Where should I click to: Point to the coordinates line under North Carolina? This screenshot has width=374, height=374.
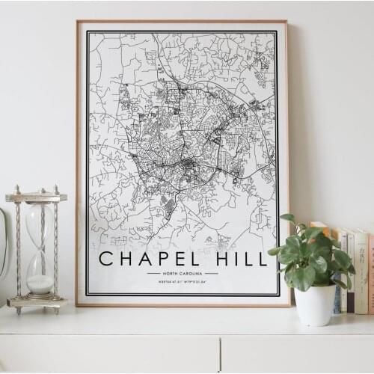tap(183, 283)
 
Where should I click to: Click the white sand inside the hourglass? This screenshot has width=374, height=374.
tap(40, 283)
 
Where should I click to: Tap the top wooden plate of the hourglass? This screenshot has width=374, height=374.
tap(37, 197)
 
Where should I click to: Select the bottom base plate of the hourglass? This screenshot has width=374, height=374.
tap(37, 302)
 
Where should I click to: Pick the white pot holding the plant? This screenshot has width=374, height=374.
tap(315, 304)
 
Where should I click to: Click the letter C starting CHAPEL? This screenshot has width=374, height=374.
tap(107, 260)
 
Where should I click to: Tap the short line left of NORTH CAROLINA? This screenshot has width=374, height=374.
tap(153, 274)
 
